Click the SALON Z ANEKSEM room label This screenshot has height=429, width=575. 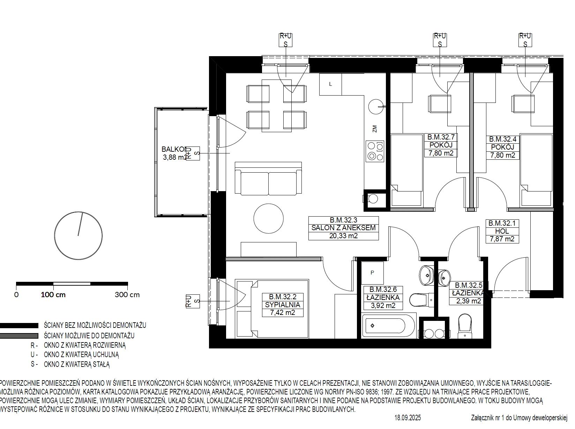coord(343,228)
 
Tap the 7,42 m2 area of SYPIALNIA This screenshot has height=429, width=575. coord(283,313)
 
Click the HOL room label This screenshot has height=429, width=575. coord(502,231)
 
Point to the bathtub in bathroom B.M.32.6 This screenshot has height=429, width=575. coord(388,326)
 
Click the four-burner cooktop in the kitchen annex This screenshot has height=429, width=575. coord(375,151)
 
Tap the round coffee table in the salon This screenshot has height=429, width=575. coord(269,219)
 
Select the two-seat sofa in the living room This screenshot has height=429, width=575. coord(268,179)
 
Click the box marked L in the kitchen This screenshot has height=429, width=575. coord(330,84)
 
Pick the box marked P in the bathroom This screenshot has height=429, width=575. coord(372,273)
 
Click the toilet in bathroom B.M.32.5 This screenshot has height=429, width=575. coord(465,326)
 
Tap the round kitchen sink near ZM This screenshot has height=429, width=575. coord(376,107)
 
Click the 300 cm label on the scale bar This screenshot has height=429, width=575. coord(127,295)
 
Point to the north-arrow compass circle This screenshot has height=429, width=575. coord(78,235)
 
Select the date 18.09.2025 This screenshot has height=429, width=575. coord(408,418)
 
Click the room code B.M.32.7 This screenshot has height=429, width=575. coord(441,137)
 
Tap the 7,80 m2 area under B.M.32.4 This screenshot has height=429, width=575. coord(503,155)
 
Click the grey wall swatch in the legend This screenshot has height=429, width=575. coord(19,336)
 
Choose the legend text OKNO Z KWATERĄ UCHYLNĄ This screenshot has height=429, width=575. coord(81,355)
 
